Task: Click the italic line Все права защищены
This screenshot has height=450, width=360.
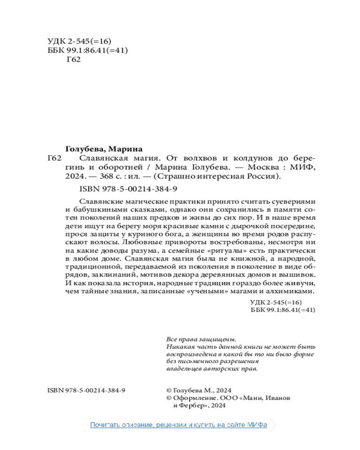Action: (x=201, y=339)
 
